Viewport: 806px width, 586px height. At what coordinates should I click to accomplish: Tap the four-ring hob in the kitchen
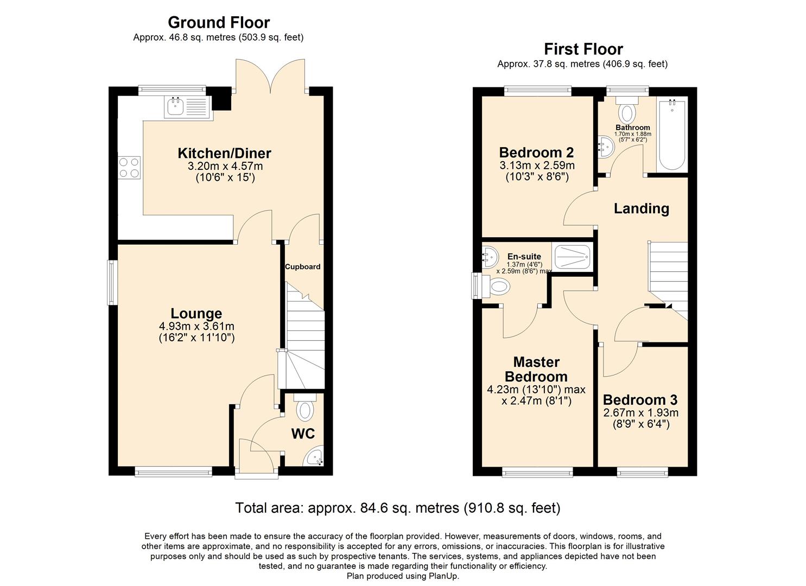click(x=129, y=167)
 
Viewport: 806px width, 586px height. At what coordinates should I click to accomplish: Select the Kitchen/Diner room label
click(x=224, y=153)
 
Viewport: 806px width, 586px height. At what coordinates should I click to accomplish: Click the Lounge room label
click(x=196, y=313)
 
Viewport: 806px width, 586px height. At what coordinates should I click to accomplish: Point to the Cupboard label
click(x=302, y=266)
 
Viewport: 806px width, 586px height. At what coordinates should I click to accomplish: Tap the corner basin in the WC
click(x=315, y=457)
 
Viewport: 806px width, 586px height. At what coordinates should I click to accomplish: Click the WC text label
click(x=303, y=434)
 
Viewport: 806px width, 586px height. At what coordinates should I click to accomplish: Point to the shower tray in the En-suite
click(x=572, y=256)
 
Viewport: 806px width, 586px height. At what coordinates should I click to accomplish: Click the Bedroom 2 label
click(x=536, y=152)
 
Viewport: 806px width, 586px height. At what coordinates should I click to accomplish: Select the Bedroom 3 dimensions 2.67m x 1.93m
click(x=640, y=412)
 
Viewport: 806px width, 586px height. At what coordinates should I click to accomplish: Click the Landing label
click(x=641, y=208)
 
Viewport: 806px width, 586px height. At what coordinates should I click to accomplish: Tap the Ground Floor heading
click(x=218, y=22)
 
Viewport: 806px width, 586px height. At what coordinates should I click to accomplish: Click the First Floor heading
click(x=583, y=49)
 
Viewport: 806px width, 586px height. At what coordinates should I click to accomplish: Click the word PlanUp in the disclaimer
click(x=443, y=576)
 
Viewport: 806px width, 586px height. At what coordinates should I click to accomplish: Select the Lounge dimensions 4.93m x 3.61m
click(x=196, y=326)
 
